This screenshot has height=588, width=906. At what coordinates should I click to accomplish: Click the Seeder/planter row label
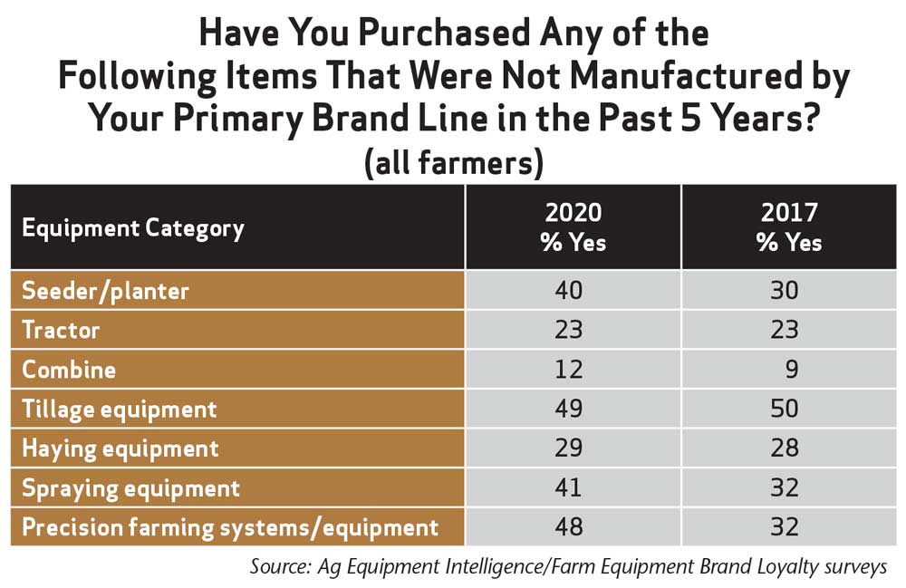pyautogui.click(x=105, y=291)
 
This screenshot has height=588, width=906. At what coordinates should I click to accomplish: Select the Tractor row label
pyautogui.click(x=61, y=330)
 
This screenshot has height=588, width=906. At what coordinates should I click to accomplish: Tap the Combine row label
pyautogui.click(x=69, y=370)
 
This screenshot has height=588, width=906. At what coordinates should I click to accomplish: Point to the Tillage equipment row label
pyautogui.click(x=119, y=410)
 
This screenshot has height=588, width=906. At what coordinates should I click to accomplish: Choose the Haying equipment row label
pyautogui.click(x=120, y=448)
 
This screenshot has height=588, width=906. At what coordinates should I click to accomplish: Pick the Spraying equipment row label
pyautogui.click(x=130, y=488)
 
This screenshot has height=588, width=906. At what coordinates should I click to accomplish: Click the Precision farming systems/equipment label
pyautogui.click(x=230, y=528)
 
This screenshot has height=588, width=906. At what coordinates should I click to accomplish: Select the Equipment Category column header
pyautogui.click(x=133, y=228)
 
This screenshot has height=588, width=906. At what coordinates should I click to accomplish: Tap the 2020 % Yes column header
pyautogui.click(x=573, y=227)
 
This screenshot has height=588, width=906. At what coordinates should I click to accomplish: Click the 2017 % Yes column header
pyautogui.click(x=789, y=227)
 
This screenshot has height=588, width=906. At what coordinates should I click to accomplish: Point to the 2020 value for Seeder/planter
pyautogui.click(x=569, y=290)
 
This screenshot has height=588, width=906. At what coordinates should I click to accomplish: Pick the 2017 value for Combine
pyautogui.click(x=792, y=369)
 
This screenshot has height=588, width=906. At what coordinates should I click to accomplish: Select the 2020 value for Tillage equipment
pyautogui.click(x=569, y=409)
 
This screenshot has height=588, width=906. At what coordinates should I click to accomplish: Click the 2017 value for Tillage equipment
pyautogui.click(x=784, y=409)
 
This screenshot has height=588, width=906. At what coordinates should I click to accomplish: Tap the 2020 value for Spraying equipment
pyautogui.click(x=568, y=487)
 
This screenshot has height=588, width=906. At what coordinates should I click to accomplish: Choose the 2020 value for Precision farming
pyautogui.click(x=569, y=526)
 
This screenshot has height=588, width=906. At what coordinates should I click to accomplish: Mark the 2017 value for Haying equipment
pyautogui.click(x=784, y=448)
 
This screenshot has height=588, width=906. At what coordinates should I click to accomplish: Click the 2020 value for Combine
pyautogui.click(x=569, y=369)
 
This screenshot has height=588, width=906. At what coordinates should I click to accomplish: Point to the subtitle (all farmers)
pyautogui.click(x=454, y=162)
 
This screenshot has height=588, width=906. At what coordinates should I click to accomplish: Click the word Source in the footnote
pyautogui.click(x=280, y=566)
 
